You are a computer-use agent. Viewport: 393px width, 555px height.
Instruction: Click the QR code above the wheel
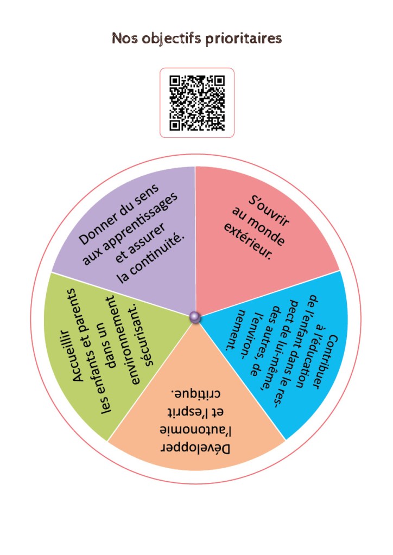pos(197,103)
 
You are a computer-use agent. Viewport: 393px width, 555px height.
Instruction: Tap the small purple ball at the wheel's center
pos(195,317)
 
